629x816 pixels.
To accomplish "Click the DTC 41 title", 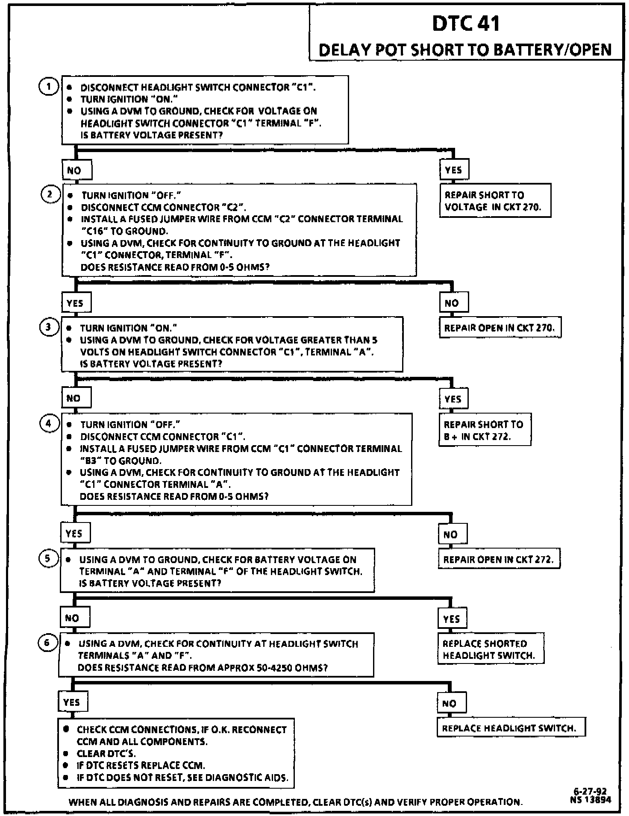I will [466, 23].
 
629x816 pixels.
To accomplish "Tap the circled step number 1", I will [49, 87].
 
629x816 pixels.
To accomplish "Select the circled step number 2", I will [50, 195].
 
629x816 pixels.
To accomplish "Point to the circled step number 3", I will [49, 327].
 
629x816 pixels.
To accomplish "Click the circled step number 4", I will [49, 423].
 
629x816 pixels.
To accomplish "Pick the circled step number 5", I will [48, 558].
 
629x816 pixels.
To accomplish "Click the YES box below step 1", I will [453, 170].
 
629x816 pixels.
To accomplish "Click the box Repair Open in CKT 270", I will [500, 328].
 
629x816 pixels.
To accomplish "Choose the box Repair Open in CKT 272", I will [499, 559].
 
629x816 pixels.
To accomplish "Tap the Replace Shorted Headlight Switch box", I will [491, 649].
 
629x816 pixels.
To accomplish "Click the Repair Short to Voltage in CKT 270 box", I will [495, 201].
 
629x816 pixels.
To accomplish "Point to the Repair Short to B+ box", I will [485, 430].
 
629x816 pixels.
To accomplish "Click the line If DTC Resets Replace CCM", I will [141, 765].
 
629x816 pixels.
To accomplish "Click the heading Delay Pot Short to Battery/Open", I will [465, 50].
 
